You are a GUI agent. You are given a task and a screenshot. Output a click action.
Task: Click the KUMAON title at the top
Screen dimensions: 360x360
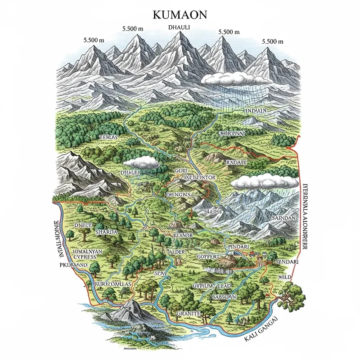180,14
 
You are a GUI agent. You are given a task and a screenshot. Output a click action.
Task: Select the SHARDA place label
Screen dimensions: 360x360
107,232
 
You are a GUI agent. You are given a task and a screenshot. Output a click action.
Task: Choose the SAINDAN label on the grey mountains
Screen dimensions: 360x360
284,218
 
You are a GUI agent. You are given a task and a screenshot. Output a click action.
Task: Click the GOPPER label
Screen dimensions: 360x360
210,256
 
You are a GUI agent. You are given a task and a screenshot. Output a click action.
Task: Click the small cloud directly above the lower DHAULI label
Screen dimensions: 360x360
141,162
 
